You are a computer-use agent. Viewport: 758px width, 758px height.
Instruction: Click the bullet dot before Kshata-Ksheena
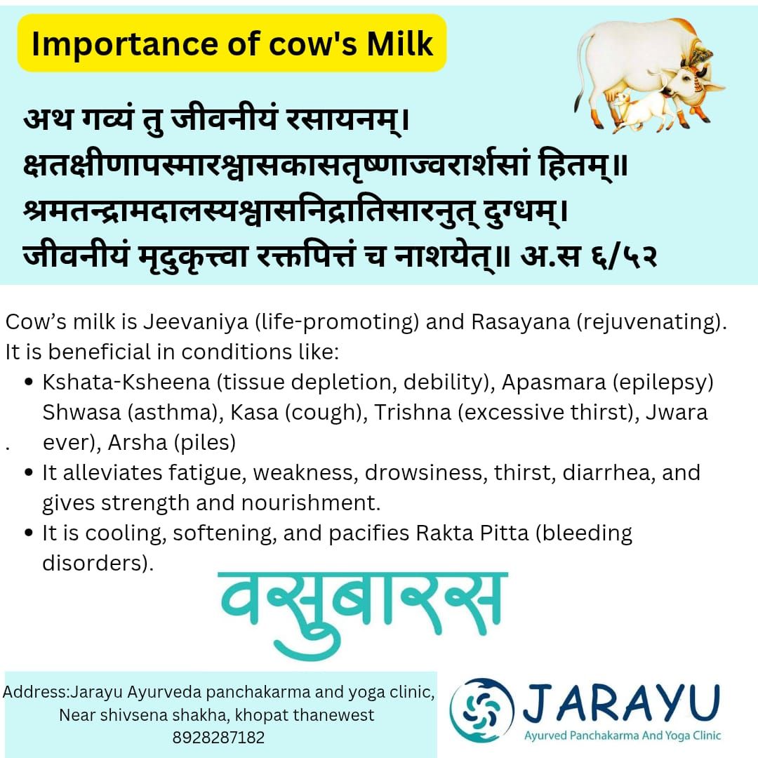click(29, 383)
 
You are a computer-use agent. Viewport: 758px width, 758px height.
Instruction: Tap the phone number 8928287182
click(218, 738)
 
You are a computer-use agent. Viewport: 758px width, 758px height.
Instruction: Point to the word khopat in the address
click(267, 716)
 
